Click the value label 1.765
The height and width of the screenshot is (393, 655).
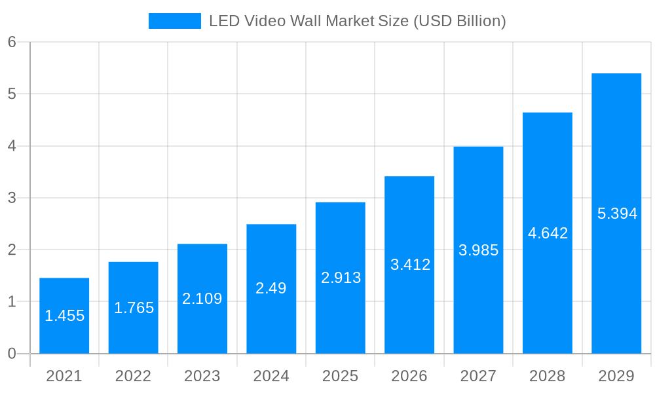click(x=134, y=308)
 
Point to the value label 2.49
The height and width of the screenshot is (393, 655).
click(x=271, y=288)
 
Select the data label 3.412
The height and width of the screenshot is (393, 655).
click(x=410, y=265)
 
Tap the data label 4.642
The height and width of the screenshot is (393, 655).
click(x=548, y=233)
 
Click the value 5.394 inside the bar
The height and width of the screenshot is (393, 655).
click(x=617, y=214)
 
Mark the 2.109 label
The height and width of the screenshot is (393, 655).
click(x=202, y=299)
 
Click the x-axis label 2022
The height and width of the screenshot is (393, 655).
click(x=133, y=376)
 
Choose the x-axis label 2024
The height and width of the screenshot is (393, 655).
click(x=271, y=376)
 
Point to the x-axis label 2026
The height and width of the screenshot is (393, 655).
click(x=409, y=376)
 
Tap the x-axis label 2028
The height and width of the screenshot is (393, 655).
click(x=547, y=376)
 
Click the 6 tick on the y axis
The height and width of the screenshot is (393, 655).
click(x=12, y=42)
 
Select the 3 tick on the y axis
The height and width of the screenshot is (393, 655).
click(x=12, y=198)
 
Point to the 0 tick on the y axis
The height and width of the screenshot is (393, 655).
click(x=12, y=354)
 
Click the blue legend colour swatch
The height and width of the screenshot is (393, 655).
click(x=175, y=21)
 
